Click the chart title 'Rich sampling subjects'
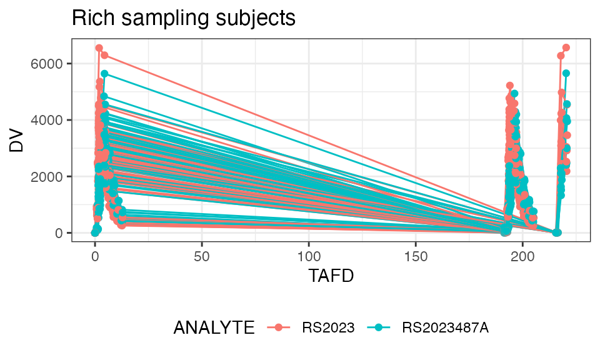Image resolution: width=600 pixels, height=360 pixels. click(x=183, y=18)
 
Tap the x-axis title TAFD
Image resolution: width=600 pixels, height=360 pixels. click(x=331, y=276)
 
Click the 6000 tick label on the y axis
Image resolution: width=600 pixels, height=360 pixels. click(x=52, y=64)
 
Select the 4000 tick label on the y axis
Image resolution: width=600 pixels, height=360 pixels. click(x=52, y=120)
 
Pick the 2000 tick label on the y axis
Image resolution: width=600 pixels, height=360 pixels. click(x=52, y=177)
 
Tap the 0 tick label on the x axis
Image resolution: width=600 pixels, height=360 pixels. click(x=95, y=256)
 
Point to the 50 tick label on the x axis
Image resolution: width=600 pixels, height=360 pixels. click(x=202, y=256)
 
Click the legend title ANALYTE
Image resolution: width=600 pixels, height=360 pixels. click(x=214, y=327)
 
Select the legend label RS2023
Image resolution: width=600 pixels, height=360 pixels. click(x=328, y=327)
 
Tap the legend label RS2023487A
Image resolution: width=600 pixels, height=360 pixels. click(x=446, y=327)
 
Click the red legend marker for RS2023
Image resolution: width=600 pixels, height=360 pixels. click(x=279, y=327)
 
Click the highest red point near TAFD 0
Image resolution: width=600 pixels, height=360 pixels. click(x=99, y=47)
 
